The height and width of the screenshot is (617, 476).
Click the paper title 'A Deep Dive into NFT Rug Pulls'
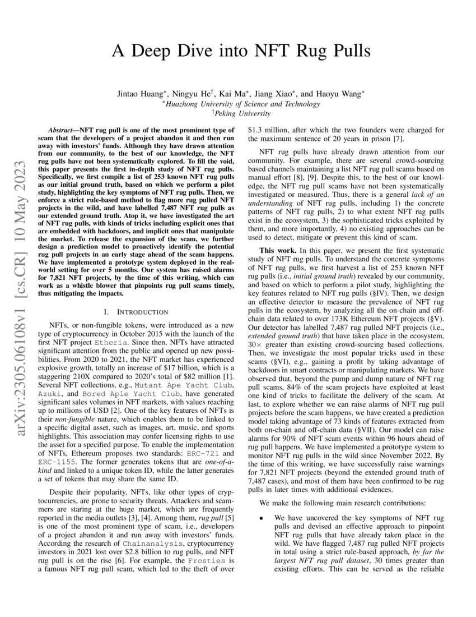coord(241,52)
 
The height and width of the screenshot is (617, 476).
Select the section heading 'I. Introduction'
coord(132,311)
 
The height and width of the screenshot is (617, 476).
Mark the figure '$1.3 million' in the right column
coord(268,129)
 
